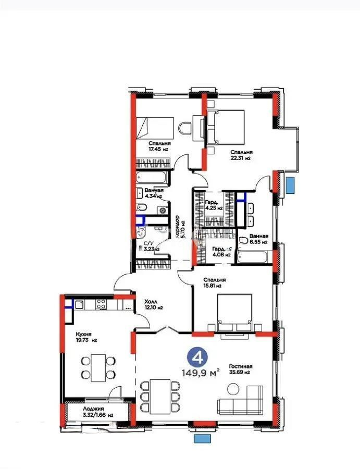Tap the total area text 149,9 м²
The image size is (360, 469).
click(200, 373)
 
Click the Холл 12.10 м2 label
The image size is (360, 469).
click(153, 304)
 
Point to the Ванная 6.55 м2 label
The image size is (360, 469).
click(258, 239)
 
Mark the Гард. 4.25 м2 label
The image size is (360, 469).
click(214, 205)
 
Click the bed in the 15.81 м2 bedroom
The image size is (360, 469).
click(235, 311)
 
